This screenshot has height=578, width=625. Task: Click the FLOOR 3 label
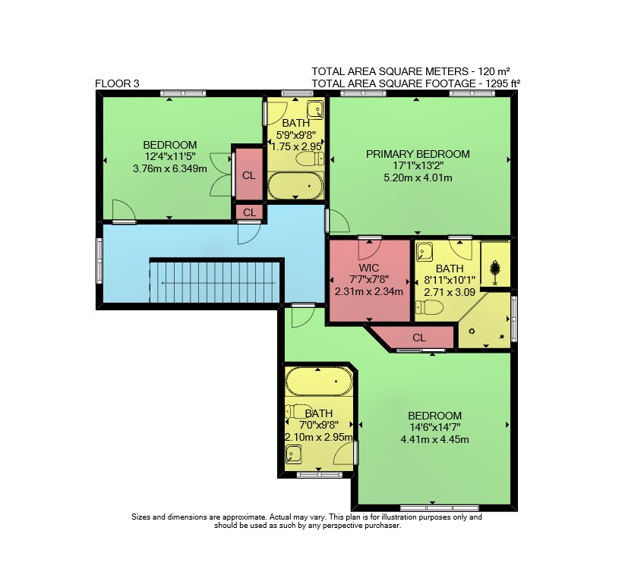click(117, 83)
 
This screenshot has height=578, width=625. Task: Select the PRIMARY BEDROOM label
click(418, 154)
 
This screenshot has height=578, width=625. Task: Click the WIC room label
click(369, 268)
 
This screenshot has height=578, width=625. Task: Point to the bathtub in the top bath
click(295, 186)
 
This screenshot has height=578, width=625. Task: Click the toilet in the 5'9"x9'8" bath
click(311, 159)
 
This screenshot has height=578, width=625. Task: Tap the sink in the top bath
click(315, 110)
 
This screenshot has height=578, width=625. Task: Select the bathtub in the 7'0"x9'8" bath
click(319, 381)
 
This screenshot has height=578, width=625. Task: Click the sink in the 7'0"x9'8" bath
click(293, 454)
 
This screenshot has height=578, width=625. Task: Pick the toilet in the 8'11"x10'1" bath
click(429, 307)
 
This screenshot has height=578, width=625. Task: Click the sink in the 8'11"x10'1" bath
click(424, 252)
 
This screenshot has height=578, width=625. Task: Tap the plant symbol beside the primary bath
click(495, 271)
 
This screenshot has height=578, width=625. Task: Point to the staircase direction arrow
click(219, 283)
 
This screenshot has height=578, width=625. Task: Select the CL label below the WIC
click(419, 338)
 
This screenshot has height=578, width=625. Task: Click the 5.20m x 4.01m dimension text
click(418, 178)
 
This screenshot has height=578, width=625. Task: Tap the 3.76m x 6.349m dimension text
click(170, 169)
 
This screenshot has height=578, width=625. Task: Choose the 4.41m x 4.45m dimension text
click(434, 439)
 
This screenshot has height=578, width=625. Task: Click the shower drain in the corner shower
click(472, 331)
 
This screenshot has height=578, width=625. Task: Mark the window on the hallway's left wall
click(99, 261)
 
